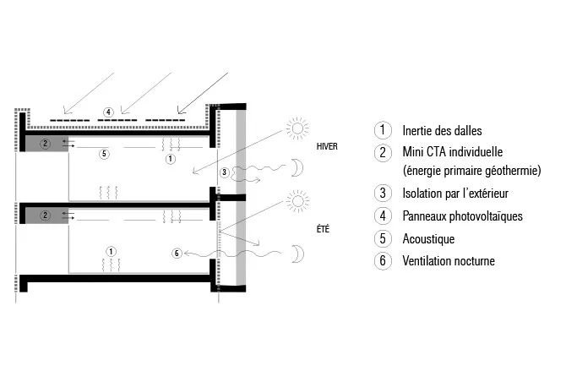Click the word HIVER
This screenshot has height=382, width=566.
click(327, 146)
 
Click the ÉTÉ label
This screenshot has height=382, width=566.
click(323, 229)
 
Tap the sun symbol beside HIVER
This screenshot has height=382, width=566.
click(297, 128)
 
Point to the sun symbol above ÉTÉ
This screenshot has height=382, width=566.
click(298, 201)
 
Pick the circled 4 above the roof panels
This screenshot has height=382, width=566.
click(108, 112)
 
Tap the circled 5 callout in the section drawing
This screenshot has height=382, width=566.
click(104, 154)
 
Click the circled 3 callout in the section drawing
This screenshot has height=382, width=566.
click(224, 172)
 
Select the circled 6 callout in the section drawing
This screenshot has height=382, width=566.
click(177, 253)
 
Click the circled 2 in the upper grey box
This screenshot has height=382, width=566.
click(45, 144)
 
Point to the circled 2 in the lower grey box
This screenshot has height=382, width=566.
click(45, 216)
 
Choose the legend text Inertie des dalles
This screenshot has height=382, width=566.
click(442, 130)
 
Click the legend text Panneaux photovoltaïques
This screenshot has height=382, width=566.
click(462, 216)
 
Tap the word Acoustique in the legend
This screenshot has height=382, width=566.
click(428, 238)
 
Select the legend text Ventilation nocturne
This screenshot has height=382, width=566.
click(449, 260)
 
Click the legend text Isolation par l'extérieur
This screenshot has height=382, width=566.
click(455, 194)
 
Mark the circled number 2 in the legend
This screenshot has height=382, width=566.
click(383, 152)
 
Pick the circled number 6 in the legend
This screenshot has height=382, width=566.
click(383, 260)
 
